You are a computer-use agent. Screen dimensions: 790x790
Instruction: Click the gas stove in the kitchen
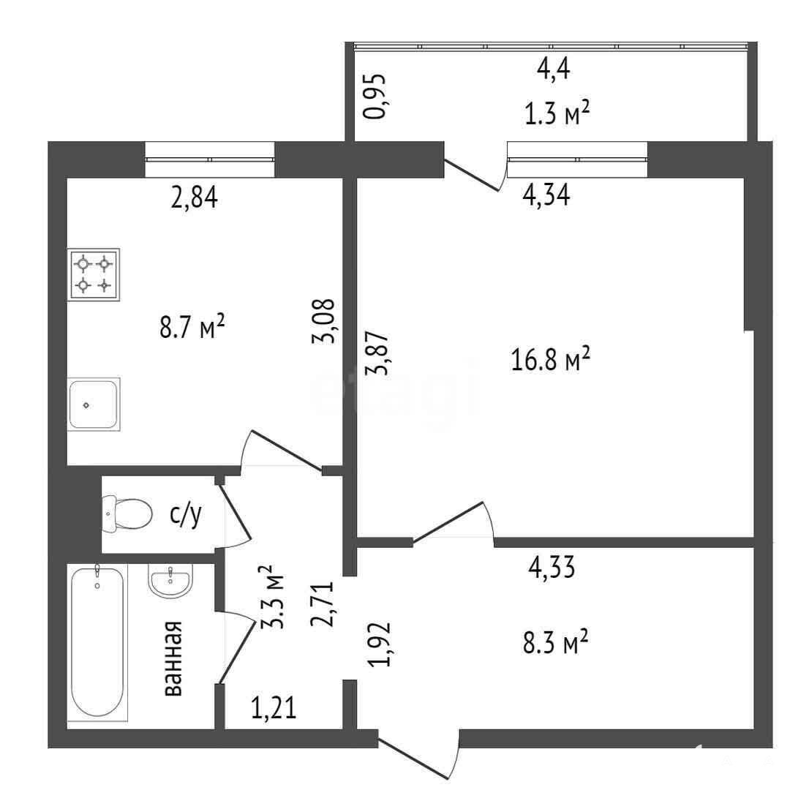[x=94, y=274]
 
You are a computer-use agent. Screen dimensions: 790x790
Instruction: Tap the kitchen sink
[x=94, y=404]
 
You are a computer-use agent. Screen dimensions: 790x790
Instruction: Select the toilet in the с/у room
[x=127, y=514]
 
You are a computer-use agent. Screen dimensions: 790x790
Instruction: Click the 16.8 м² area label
[x=550, y=358]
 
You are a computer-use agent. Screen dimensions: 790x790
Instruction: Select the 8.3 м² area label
[x=555, y=642]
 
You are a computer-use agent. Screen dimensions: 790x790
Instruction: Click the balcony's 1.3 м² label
[x=557, y=113]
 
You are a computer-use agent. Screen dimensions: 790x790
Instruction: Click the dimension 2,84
[x=195, y=197]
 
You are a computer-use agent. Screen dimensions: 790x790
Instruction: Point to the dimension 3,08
[x=323, y=321]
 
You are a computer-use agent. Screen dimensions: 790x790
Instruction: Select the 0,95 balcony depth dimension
[x=375, y=97]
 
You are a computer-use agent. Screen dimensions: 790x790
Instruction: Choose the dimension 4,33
[x=552, y=568]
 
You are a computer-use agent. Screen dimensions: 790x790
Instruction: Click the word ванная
[x=174, y=658]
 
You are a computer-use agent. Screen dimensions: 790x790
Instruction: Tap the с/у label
[x=186, y=514]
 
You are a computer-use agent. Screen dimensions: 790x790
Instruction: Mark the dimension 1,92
[x=380, y=644]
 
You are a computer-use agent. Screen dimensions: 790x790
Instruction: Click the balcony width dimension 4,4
[x=553, y=69]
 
